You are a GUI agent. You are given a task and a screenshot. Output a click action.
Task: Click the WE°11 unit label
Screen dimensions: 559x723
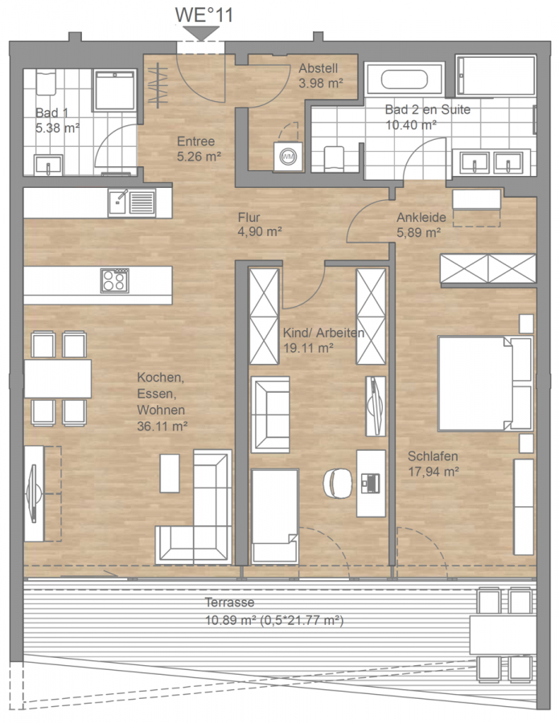pos(203,14)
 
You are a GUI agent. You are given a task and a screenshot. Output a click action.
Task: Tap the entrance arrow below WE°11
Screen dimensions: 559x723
pos(201,33)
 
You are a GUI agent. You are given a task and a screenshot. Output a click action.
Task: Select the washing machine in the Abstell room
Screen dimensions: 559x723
pos(288,157)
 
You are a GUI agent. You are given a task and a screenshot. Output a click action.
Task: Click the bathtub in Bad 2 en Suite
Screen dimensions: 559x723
pos(404,80)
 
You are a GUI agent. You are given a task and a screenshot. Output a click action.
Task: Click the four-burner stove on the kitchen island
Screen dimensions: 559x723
pos(114,280)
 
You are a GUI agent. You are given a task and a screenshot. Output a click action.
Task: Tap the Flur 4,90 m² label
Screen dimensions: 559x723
pos(260,224)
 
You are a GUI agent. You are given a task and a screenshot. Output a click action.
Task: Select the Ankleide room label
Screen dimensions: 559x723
pos(421,217)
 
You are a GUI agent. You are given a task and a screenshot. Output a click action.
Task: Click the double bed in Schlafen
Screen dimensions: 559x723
pos(485,384)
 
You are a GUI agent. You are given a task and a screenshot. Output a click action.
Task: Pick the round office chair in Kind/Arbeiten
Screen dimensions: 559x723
pos(337,483)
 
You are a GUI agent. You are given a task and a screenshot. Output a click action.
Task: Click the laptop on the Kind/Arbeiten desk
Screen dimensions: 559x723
pos(371,483)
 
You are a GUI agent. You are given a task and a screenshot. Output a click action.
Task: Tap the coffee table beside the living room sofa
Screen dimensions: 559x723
pos(170,473)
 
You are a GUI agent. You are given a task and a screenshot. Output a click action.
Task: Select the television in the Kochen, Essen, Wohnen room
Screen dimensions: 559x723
pos(32,493)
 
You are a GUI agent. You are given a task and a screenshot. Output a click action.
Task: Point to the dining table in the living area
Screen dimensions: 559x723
pos(58,378)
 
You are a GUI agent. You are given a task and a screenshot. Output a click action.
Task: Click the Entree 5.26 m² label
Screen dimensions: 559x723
pos(199,149)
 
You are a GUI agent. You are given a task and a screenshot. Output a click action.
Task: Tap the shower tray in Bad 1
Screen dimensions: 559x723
pos(114,90)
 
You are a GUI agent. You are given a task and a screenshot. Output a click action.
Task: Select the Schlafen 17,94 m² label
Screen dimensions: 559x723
pos(433,464)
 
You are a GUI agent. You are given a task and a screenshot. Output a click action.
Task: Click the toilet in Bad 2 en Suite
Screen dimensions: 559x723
pos(334,158)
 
